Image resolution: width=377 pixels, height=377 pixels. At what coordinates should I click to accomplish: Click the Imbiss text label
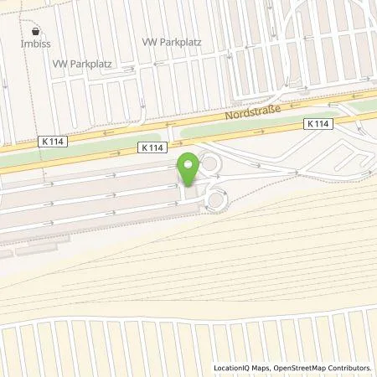click(x=36, y=43)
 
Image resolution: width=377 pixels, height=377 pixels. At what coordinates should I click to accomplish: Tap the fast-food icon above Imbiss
click(x=36, y=30)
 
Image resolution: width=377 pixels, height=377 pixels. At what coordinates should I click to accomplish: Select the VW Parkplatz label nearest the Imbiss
click(x=82, y=64)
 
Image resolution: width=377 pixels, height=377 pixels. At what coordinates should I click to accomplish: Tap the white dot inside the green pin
click(x=188, y=163)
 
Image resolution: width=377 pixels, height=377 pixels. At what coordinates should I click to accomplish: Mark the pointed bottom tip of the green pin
click(x=188, y=186)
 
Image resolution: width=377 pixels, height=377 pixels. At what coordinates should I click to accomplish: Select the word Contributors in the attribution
click(x=351, y=368)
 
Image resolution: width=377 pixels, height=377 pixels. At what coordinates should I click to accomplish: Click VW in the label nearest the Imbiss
click(x=59, y=64)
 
